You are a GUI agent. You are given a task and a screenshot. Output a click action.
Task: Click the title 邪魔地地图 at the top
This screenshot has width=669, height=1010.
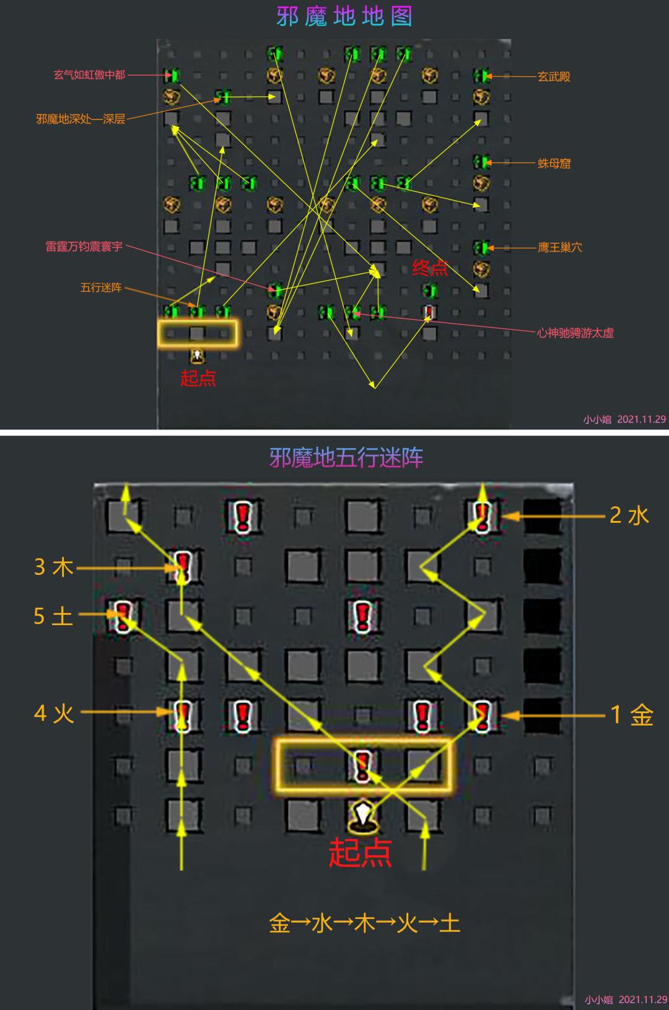(x=344, y=17)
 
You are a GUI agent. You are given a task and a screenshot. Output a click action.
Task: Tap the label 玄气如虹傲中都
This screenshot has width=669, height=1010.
(x=89, y=75)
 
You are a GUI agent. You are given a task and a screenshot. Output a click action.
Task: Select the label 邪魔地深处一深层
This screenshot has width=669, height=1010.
(x=81, y=119)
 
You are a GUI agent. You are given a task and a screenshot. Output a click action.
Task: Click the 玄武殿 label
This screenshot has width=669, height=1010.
(x=554, y=77)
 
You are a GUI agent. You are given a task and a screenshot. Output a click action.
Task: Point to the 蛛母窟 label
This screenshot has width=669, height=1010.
(x=554, y=163)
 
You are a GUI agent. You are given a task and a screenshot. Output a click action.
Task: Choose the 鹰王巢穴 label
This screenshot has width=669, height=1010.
(x=559, y=247)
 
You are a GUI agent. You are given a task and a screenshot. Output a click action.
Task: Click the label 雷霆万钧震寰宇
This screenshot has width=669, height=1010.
(x=84, y=247)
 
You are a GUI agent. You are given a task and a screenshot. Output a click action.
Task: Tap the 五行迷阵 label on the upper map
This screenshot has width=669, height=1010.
(x=101, y=288)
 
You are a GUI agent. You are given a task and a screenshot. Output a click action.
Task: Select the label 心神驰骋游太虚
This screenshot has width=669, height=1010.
(x=575, y=333)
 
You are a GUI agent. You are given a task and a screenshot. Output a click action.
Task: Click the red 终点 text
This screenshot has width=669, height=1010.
(x=430, y=268)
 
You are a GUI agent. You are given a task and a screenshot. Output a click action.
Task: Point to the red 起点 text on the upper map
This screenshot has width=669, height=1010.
(x=198, y=378)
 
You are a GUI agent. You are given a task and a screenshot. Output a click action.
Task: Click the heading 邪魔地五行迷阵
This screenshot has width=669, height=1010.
(x=346, y=458)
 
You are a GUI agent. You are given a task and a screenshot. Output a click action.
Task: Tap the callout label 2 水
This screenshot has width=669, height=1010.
(x=629, y=516)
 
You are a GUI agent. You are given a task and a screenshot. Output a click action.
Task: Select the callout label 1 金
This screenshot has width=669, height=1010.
(x=632, y=715)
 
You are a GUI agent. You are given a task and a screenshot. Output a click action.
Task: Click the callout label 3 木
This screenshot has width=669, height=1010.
(x=54, y=567)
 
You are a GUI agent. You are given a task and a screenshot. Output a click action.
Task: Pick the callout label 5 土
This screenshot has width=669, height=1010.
(x=53, y=616)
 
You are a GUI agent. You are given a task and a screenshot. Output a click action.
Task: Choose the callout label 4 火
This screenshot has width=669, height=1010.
(x=54, y=713)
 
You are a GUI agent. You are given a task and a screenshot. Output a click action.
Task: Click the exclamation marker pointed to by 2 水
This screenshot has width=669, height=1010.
(x=483, y=516)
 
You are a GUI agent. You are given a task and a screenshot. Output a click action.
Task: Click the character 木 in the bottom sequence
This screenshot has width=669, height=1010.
(x=365, y=923)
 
